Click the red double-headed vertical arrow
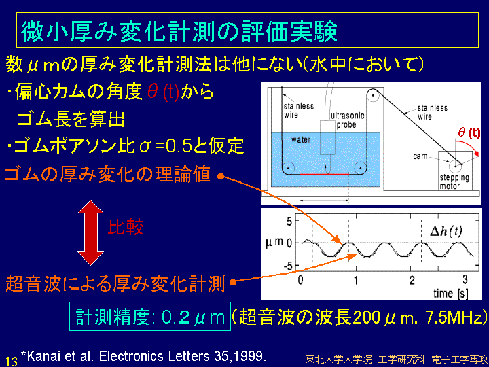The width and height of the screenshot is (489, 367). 90,232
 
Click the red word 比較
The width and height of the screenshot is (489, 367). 126,227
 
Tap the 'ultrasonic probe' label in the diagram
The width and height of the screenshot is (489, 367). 348,120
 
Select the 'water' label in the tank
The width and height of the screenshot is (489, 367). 301,139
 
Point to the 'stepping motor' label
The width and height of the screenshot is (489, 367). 454,181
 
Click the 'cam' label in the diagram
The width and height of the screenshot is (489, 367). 420,156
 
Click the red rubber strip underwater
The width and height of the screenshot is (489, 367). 324,174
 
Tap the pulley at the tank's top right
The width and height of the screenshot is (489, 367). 373,95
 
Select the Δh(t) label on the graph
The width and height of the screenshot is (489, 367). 446,231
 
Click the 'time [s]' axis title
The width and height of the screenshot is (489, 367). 451,294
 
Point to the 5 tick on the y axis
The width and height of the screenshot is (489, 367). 289,222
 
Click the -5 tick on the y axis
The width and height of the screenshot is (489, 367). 287,266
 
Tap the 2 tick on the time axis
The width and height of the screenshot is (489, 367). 412,280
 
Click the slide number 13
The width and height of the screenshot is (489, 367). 12,362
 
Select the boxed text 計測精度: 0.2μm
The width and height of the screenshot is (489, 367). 150,317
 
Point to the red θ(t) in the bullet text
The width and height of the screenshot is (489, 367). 163,92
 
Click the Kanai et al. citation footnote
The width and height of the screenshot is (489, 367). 143,356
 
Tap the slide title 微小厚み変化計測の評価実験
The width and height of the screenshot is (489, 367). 179,31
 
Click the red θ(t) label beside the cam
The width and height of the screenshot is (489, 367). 469,133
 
